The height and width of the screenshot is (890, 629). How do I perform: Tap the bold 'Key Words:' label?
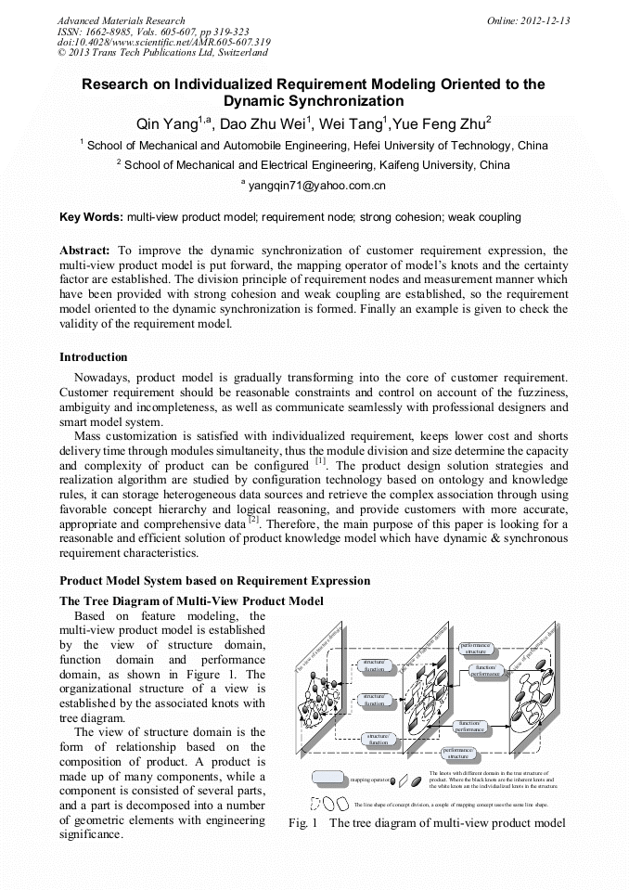[x=91, y=217]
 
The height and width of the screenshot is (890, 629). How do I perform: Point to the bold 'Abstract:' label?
[x=85, y=251]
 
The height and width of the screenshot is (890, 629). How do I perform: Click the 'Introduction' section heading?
[x=94, y=357]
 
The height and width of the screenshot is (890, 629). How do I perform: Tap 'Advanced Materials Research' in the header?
[x=121, y=20]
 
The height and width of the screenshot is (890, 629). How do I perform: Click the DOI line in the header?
[x=163, y=42]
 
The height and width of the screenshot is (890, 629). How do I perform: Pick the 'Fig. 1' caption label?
[x=303, y=823]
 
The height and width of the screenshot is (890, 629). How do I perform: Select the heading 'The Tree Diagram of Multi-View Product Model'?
[x=191, y=600]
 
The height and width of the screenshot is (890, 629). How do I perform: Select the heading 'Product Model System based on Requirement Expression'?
[x=214, y=581]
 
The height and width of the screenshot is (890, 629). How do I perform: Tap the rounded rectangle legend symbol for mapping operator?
[x=327, y=778]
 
